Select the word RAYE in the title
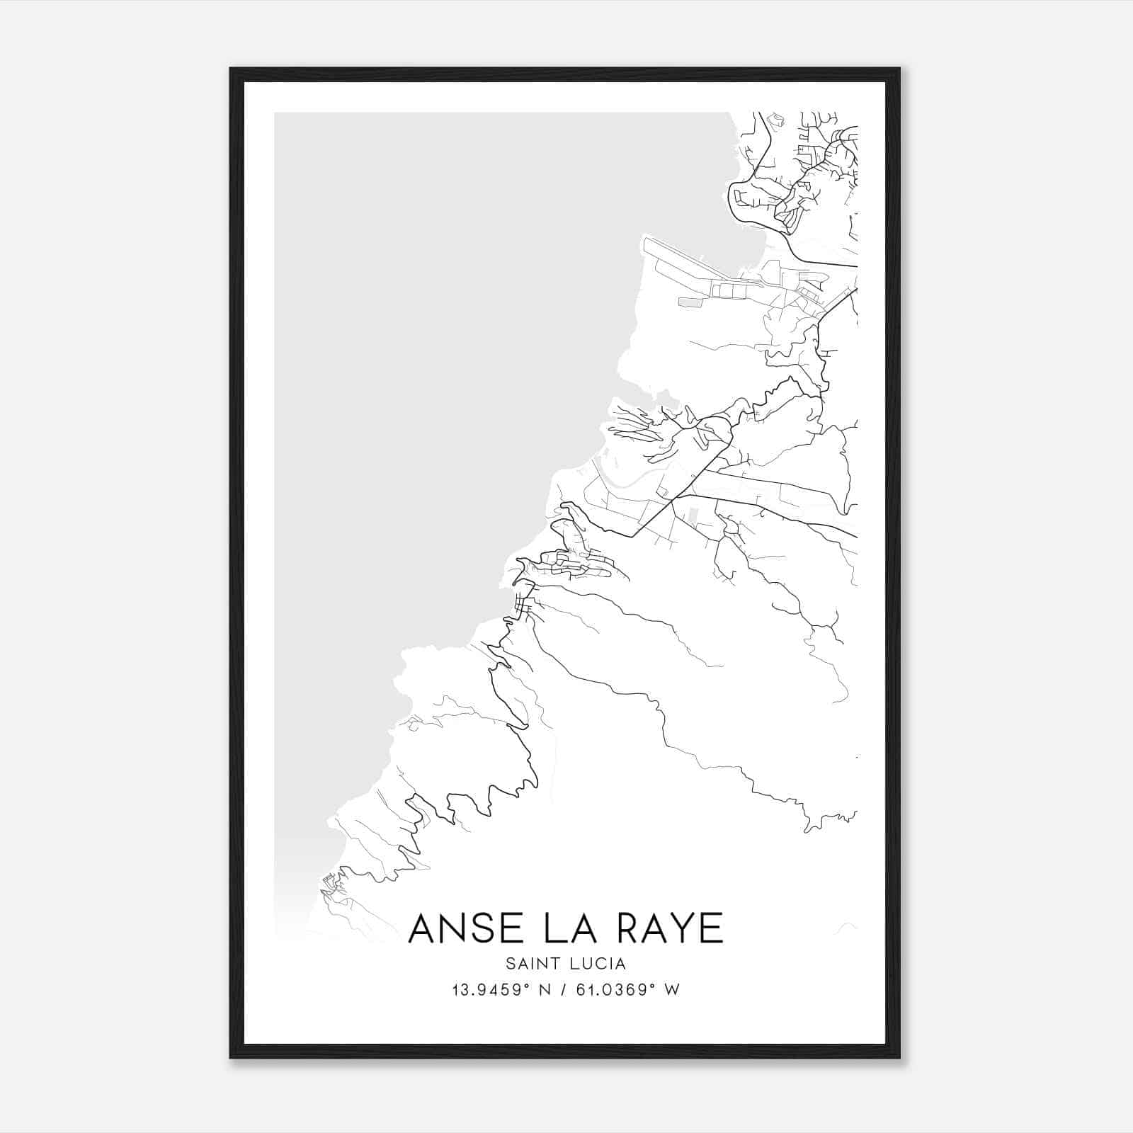(x=668, y=928)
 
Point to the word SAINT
(x=531, y=964)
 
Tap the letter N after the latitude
(x=546, y=990)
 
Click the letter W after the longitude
(x=673, y=990)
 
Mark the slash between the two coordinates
(x=566, y=990)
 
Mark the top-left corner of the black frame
(x=231, y=69)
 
